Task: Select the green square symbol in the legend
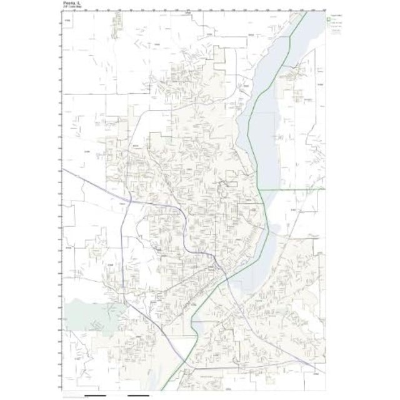[329, 19]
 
